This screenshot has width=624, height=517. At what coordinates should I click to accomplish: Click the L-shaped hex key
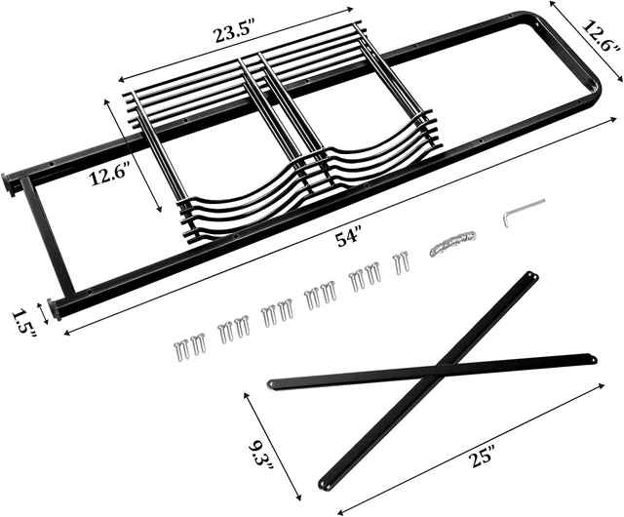click(x=523, y=211)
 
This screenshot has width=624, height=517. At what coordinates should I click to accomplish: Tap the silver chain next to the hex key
click(x=452, y=242)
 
